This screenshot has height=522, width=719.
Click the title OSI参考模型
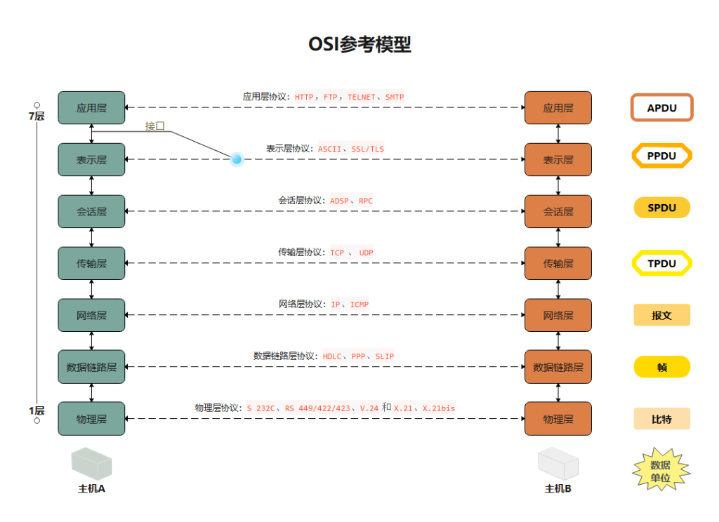click(359, 44)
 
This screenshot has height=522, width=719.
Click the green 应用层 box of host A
click(91, 108)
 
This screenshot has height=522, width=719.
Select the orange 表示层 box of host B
click(558, 160)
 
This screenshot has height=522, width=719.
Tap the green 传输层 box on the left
click(91, 264)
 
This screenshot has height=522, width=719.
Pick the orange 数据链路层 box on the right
click(558, 367)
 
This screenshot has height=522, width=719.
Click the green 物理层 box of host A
click(91, 419)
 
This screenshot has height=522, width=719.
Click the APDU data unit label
click(661, 108)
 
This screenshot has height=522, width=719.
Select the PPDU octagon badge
click(661, 156)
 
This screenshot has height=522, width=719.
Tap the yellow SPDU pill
click(661, 208)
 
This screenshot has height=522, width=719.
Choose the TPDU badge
click(661, 263)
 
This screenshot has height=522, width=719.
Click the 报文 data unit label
click(661, 315)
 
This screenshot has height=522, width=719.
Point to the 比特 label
click(661, 419)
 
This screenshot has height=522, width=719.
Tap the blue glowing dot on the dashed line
click(237, 159)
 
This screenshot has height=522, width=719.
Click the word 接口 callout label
click(155, 126)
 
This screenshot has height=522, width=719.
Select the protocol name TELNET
click(361, 97)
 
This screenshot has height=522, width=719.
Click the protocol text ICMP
click(359, 304)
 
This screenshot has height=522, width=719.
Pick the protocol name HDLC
click(332, 356)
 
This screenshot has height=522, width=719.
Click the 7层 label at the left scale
click(37, 116)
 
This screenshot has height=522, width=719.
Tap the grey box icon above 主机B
click(558, 464)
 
